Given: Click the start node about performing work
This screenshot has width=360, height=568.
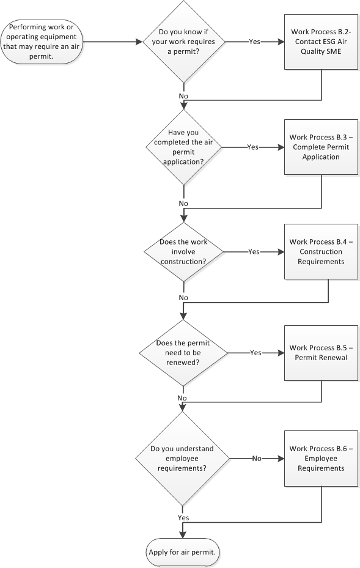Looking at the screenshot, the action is click(x=42, y=42).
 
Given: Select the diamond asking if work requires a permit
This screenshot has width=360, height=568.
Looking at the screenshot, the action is click(x=183, y=42).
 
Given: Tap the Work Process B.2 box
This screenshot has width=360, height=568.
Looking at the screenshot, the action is click(x=321, y=42).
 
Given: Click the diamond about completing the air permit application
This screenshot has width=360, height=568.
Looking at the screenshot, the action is click(x=183, y=147).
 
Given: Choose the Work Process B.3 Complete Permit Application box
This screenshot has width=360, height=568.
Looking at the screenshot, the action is click(x=321, y=147).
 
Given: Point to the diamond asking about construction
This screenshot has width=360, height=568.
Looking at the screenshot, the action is click(x=183, y=252).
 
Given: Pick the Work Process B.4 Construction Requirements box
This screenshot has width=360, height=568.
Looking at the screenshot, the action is click(x=321, y=252).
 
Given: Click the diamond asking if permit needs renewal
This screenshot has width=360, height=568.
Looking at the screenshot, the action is click(x=183, y=353).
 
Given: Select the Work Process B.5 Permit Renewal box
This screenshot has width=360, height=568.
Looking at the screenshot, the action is click(x=321, y=353).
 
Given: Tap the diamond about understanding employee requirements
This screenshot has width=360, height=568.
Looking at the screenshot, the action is click(x=183, y=459).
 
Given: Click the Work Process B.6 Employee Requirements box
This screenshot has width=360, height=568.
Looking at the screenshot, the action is click(x=321, y=459).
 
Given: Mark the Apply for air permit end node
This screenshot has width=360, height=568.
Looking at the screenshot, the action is click(x=183, y=553).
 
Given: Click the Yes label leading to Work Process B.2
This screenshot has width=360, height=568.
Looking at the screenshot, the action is click(x=255, y=42).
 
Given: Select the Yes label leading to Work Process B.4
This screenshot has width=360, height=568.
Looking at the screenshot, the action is click(x=254, y=252).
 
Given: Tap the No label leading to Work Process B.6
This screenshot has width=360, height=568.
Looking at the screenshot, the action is click(x=257, y=459).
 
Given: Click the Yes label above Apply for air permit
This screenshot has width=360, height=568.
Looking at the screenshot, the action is click(x=183, y=518).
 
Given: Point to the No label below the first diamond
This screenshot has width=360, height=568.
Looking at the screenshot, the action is click(x=183, y=96).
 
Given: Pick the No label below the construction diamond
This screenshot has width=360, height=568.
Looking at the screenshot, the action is click(x=183, y=298).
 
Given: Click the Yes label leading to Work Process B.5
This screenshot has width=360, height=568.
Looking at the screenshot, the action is click(x=255, y=353).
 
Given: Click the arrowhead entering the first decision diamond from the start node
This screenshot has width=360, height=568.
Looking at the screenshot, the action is click(x=139, y=42).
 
